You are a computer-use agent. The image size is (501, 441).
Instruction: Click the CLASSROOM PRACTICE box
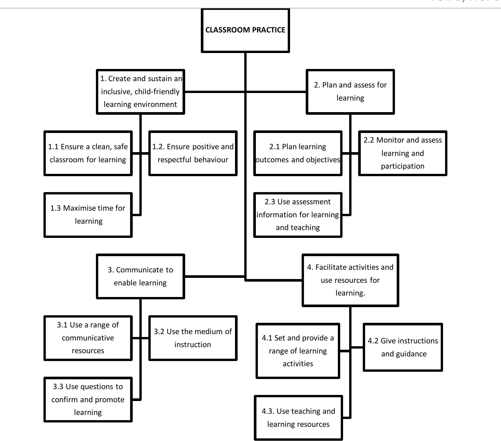[245, 30]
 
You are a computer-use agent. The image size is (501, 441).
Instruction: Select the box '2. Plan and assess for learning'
[350, 92]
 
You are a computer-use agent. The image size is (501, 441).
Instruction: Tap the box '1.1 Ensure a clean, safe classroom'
[88, 153]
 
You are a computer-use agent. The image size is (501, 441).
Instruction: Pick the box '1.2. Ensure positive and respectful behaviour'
[193, 153]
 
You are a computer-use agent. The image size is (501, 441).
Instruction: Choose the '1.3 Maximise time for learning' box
[88, 215]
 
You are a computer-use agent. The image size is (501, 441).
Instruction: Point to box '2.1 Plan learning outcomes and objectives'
[298, 153]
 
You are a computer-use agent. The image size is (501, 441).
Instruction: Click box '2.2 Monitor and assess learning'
[402, 153]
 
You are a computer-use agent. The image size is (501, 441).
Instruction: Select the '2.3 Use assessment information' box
[298, 215]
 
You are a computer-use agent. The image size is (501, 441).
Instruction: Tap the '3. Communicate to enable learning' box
[141, 276]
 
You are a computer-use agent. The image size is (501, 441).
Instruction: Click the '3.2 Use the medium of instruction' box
[193, 338]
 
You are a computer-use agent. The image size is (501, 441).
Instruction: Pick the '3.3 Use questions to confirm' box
[88, 399]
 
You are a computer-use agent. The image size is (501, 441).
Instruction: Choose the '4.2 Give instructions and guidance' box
[403, 347]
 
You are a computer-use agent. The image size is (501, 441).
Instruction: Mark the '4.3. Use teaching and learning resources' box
[298, 418]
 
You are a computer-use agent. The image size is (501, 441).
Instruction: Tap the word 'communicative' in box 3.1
[88, 338]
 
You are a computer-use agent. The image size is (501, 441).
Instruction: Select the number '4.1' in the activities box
[267, 338]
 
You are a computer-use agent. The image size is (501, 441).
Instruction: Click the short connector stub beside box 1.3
[136, 215]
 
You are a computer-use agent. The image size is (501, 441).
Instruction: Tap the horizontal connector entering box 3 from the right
[214, 276]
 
